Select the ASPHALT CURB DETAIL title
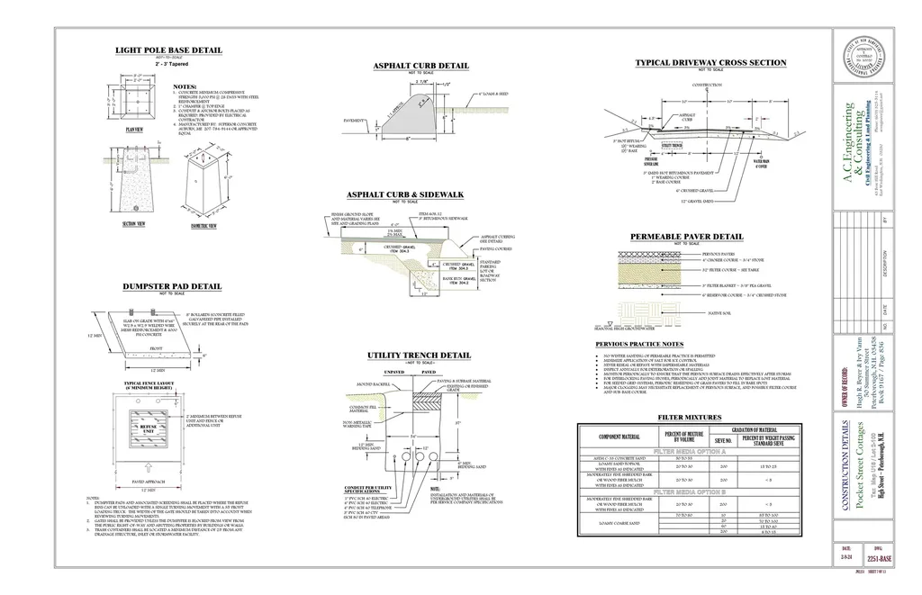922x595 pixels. (x=420, y=66)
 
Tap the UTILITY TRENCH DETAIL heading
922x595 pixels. (x=420, y=356)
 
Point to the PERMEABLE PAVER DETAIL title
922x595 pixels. (x=686, y=237)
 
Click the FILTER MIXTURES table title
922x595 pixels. (x=690, y=418)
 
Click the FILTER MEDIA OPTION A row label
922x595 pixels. (x=690, y=450)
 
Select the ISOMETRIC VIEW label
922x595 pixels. (x=203, y=226)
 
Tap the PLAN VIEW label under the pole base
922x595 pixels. (x=134, y=130)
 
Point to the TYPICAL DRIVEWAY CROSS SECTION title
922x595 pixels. (x=710, y=63)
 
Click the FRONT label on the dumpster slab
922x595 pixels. (x=144, y=345)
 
